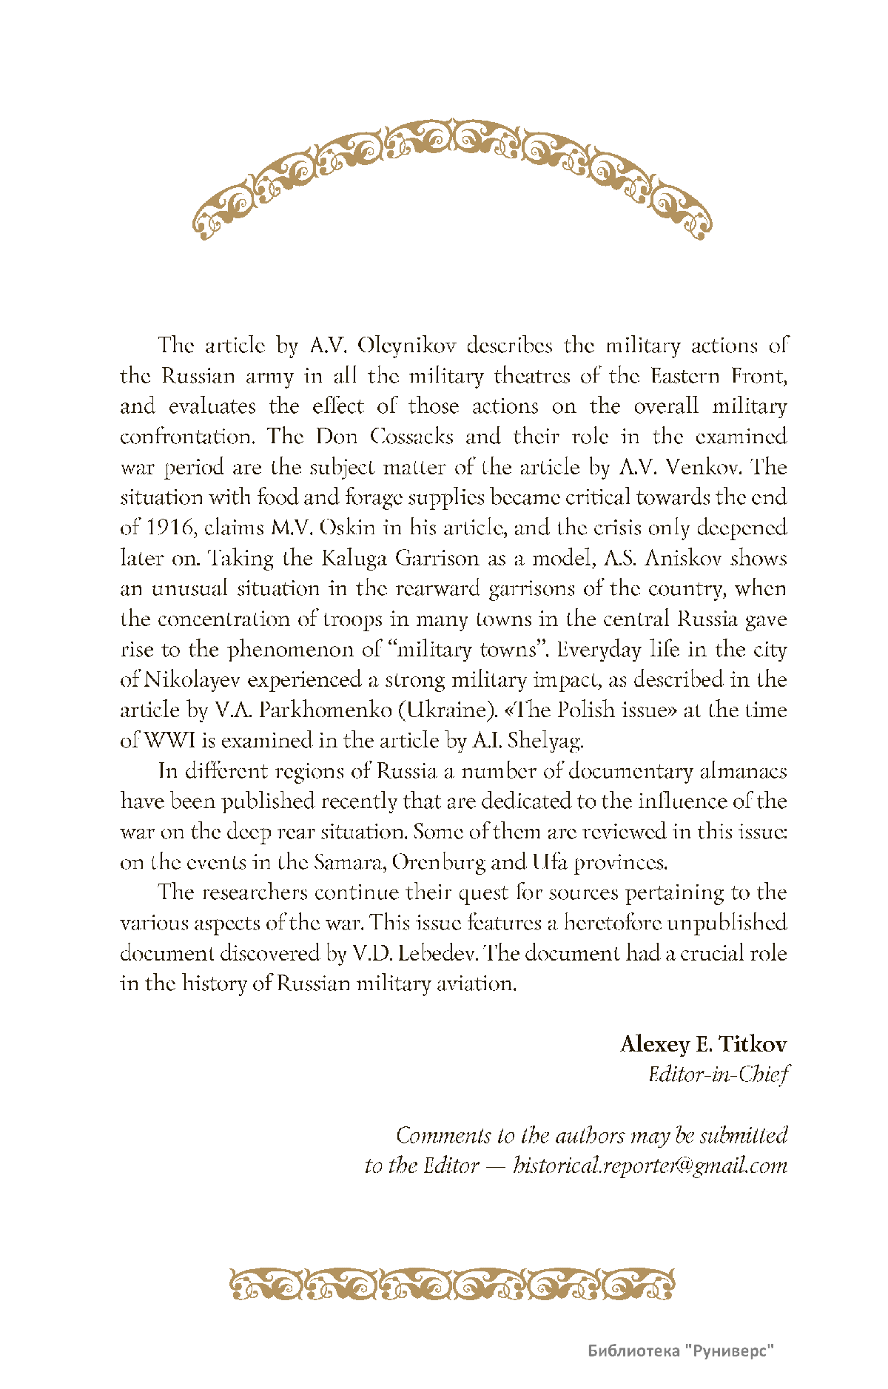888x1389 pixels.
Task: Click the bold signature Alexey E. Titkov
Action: click(703, 1044)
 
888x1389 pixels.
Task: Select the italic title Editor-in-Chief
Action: click(718, 1074)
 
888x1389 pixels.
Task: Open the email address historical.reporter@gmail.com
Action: click(650, 1166)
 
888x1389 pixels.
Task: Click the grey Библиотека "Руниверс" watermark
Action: click(681, 1351)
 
